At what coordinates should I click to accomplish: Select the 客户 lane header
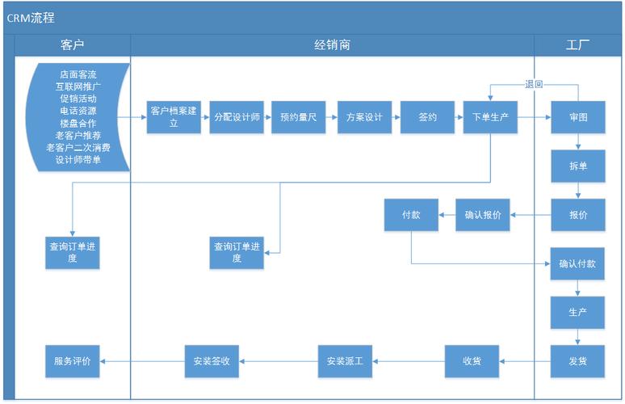click(73, 45)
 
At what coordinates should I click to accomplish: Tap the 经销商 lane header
click(332, 45)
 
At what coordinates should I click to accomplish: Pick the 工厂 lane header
click(577, 45)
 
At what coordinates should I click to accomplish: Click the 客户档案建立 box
click(174, 117)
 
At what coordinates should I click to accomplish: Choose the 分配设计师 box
click(237, 117)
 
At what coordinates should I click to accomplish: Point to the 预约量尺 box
click(298, 117)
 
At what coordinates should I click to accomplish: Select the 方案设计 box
click(364, 117)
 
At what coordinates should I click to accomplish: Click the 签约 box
click(427, 117)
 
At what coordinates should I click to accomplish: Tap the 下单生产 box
click(490, 117)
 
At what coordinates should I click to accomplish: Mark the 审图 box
click(578, 117)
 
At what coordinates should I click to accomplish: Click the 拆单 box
click(578, 166)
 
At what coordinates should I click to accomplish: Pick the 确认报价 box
click(483, 215)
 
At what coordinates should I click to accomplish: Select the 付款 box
click(411, 215)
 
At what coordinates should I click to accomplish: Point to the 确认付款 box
click(578, 263)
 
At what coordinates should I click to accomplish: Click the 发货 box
click(578, 361)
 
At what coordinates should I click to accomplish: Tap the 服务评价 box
click(73, 361)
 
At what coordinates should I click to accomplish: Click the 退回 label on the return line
click(534, 83)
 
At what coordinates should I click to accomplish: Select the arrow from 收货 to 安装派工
click(409, 361)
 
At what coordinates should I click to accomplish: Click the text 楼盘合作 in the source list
click(78, 123)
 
